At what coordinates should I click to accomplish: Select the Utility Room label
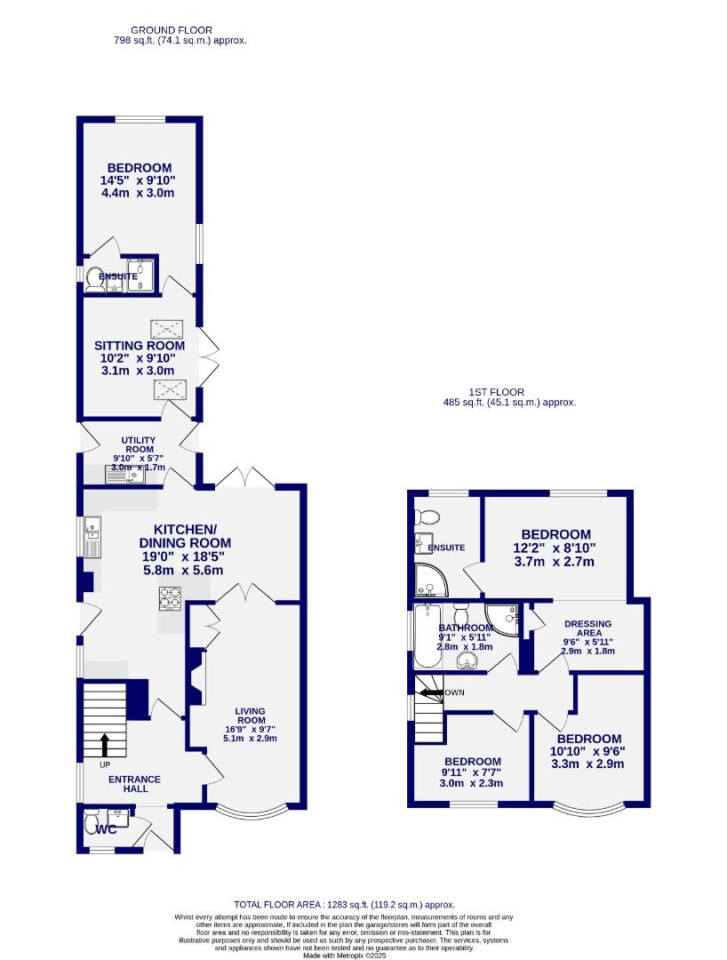[x=138, y=445]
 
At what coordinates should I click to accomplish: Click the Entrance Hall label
[x=135, y=783]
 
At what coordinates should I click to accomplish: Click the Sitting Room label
[x=140, y=346]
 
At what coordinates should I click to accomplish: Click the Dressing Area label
[x=587, y=628]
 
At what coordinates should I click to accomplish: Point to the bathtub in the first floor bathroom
[x=426, y=636]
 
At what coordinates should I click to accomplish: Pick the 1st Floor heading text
[x=497, y=392]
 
